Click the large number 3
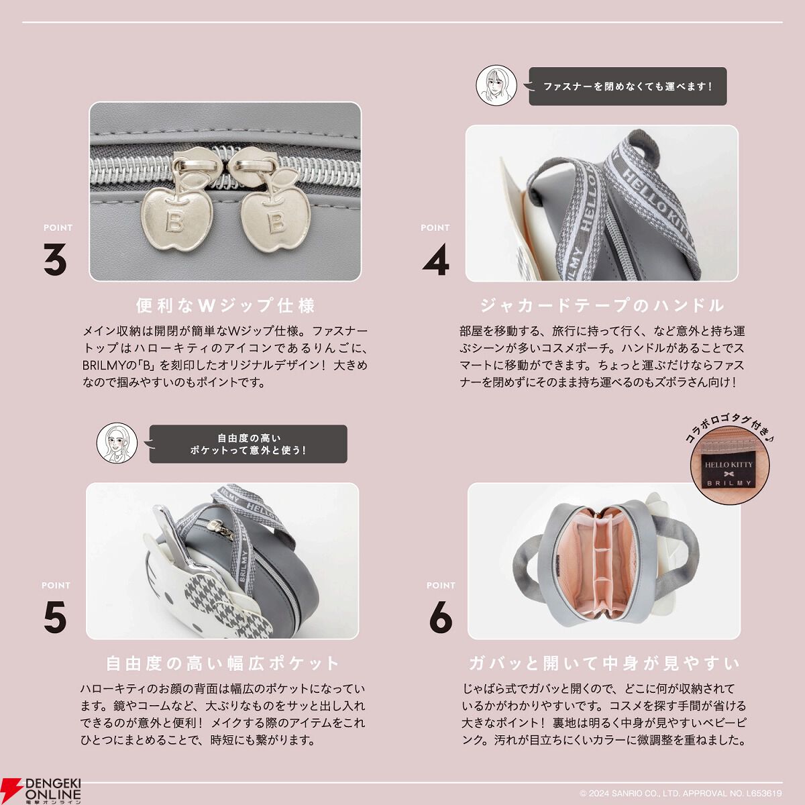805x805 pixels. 55,259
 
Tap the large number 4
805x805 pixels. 436,259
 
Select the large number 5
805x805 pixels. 55,616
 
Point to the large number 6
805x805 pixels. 441,616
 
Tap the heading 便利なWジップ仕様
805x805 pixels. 225,305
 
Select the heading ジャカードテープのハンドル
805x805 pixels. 602,305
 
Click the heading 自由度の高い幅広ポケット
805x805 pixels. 223,663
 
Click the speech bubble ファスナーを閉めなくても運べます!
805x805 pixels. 627,87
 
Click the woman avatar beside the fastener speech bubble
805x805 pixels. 496,85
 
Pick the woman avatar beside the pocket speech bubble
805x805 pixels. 117,443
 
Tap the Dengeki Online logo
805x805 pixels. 41,790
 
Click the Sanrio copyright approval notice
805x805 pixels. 680,794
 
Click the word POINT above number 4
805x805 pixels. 435,227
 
